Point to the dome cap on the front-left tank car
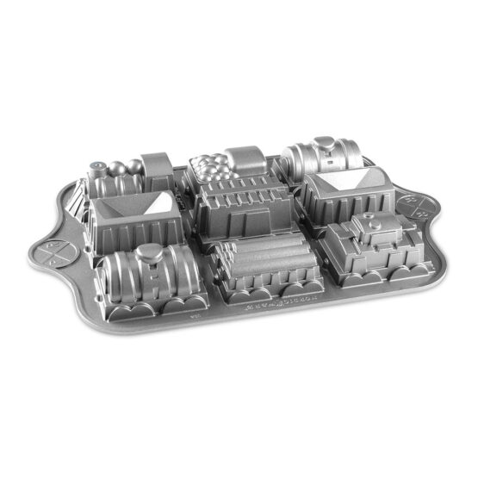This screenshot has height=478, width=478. pos(153,251)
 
